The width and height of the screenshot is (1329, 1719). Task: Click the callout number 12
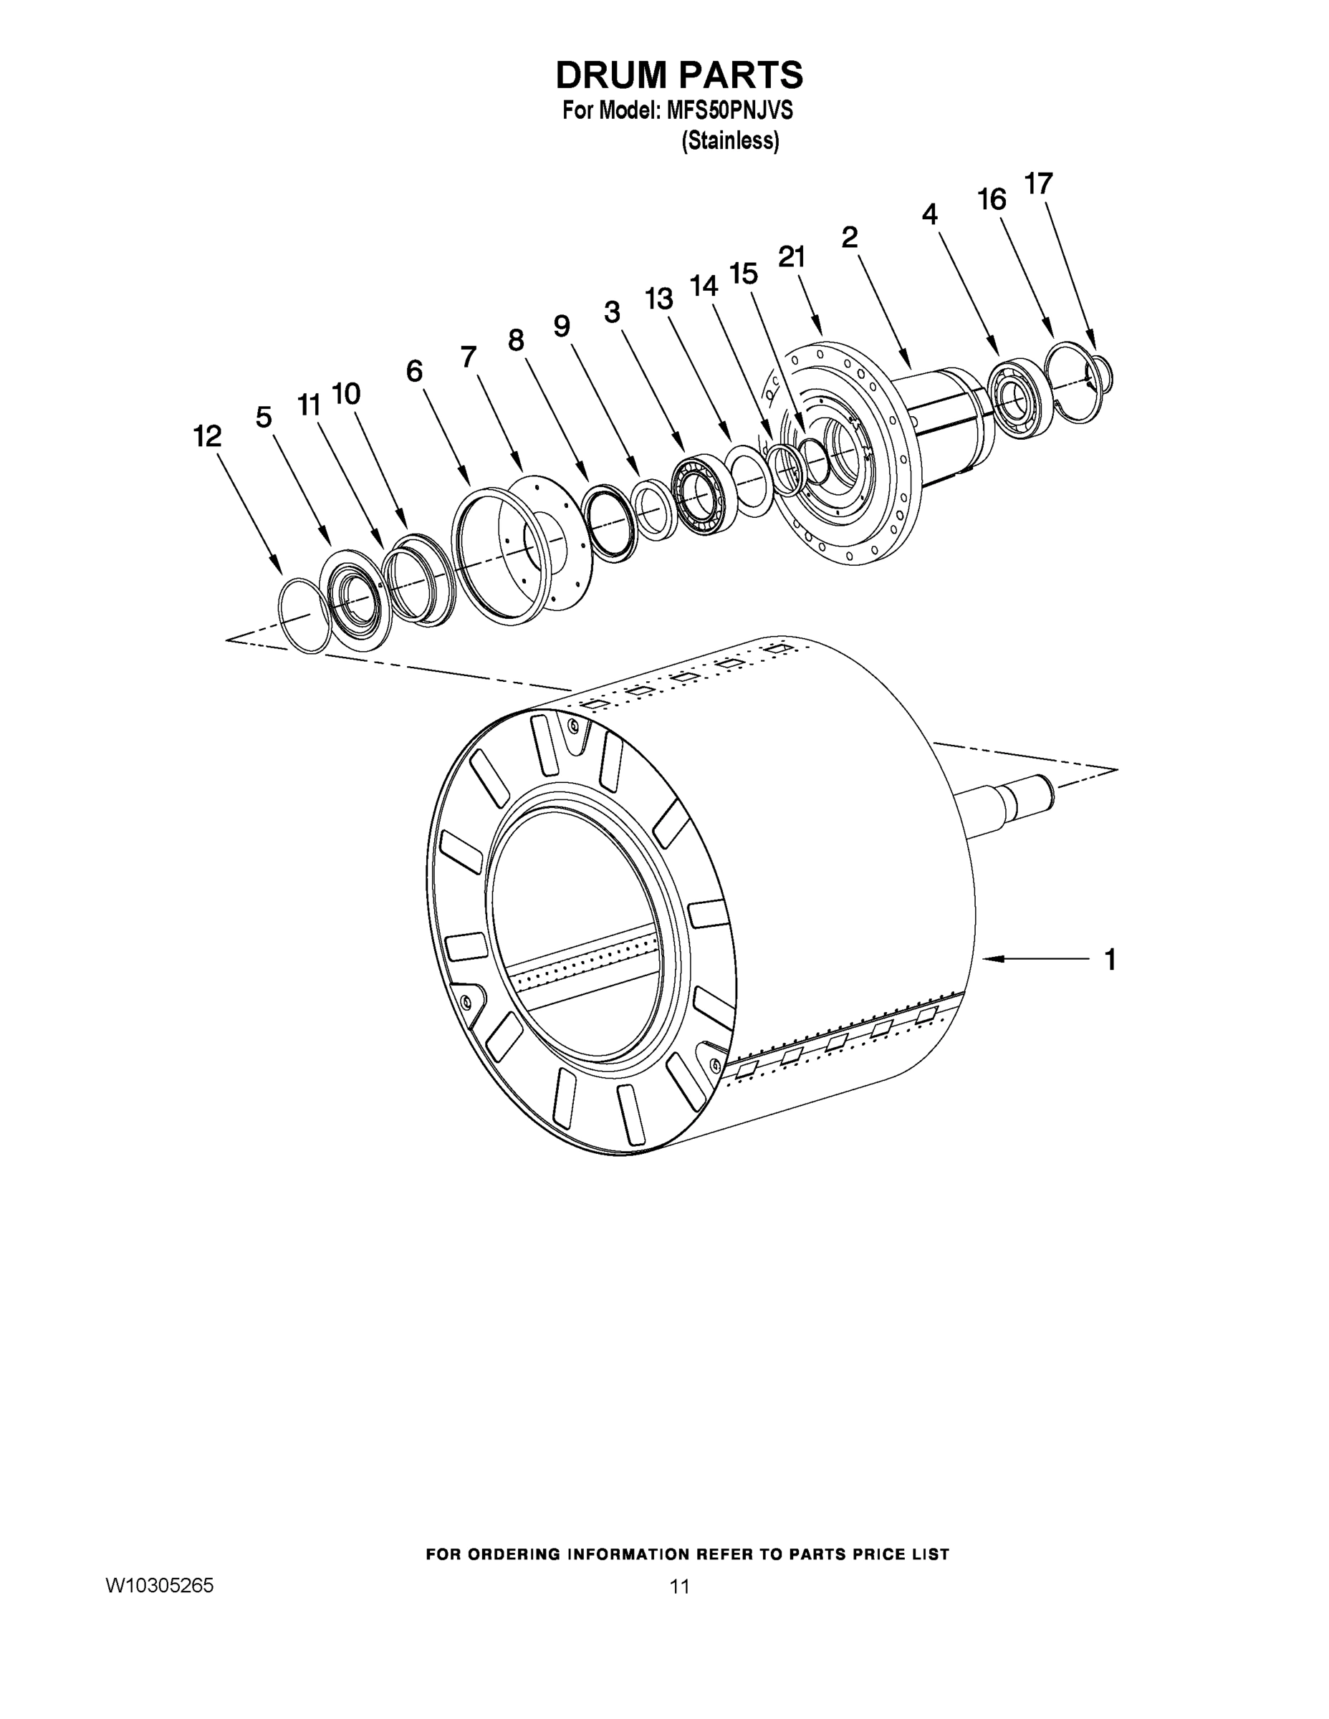208,435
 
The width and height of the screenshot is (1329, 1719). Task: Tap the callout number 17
1037,183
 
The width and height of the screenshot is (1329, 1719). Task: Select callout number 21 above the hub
792,256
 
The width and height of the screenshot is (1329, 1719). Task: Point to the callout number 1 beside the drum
1110,960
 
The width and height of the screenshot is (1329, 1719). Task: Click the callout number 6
414,371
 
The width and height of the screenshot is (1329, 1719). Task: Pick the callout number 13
659,299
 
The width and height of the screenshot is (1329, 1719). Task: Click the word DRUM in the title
611,74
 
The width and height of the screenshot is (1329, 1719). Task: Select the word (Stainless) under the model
730,141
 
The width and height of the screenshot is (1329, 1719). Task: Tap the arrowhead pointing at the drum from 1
989,958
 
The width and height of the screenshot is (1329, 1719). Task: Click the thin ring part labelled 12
303,615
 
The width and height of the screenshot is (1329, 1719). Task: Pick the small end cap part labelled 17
1101,374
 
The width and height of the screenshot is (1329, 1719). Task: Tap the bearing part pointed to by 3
703,496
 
